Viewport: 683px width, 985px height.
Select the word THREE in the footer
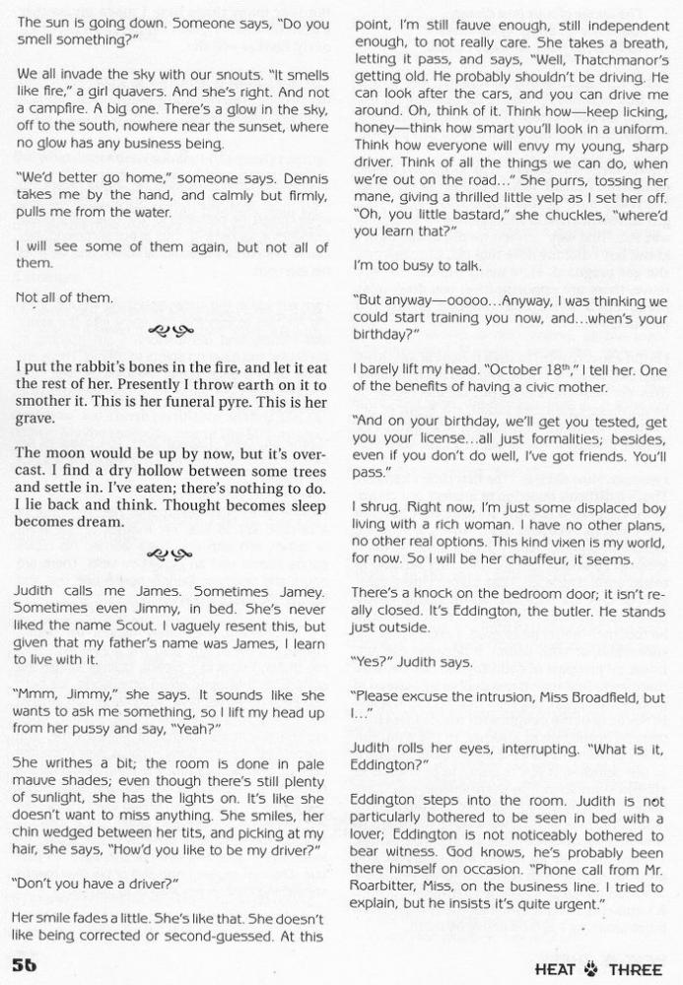[x=635, y=969]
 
